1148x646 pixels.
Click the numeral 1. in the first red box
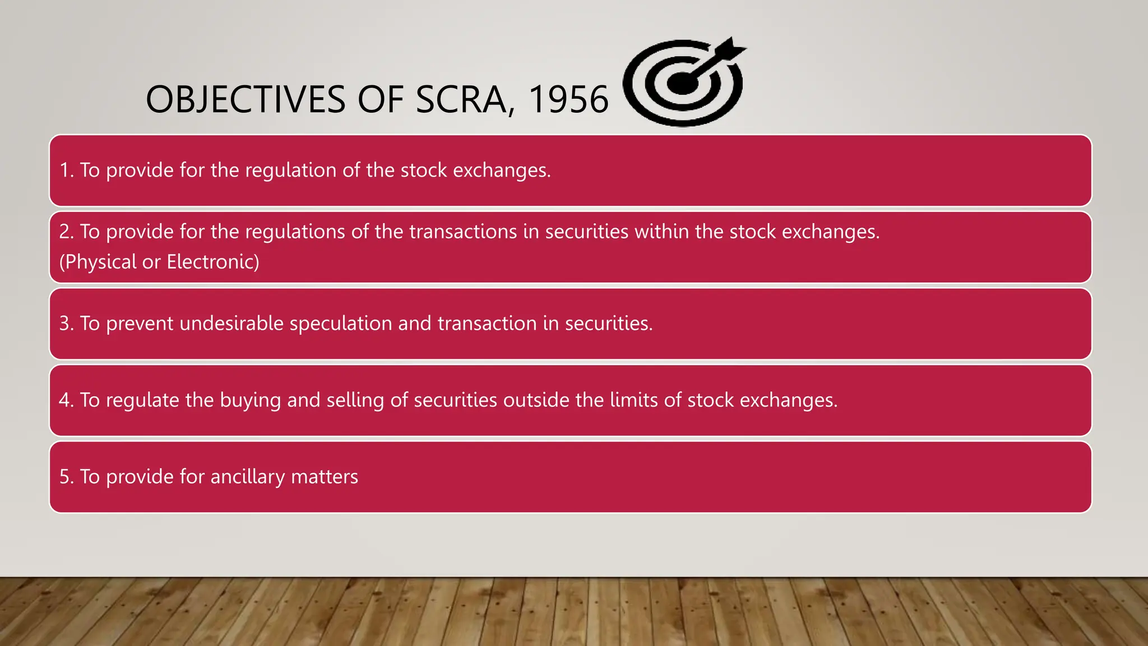(67, 170)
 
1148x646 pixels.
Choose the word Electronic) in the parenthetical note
(213, 262)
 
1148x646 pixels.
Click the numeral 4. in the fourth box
(66, 400)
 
